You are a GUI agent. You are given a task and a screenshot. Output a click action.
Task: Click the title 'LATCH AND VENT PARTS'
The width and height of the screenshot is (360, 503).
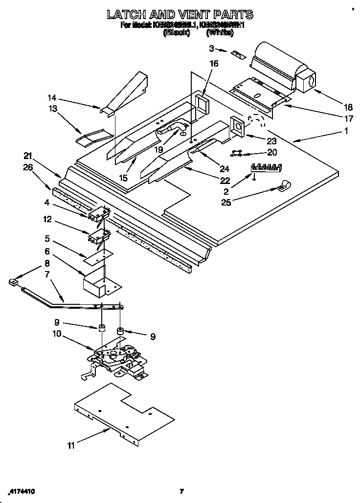point(180,14)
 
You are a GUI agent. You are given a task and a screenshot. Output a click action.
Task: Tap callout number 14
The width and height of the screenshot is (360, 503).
point(52,97)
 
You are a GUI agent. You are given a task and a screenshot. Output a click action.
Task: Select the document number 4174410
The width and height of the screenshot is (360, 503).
point(22,491)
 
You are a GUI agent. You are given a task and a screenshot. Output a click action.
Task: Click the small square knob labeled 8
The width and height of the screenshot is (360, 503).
point(13,282)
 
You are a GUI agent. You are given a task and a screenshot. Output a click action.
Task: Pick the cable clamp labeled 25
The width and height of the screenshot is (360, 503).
point(284,186)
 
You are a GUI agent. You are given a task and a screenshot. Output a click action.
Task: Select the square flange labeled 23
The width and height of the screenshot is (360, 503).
point(238,126)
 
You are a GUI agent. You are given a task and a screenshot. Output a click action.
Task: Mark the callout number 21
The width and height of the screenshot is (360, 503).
point(28,156)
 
